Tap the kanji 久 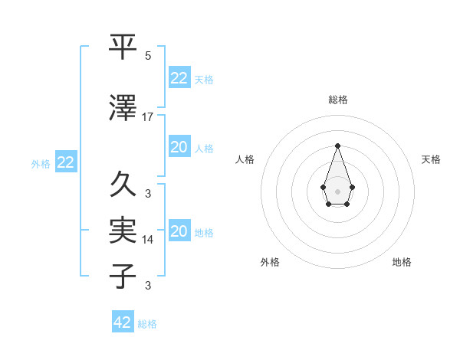pos(123,184)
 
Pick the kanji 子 pos(123,275)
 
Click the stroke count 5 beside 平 pos(148,56)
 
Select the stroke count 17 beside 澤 pos(148,117)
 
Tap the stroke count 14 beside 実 pos(148,239)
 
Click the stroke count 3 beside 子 pos(148,286)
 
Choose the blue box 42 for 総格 pos(123,322)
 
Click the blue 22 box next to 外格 pos(65,162)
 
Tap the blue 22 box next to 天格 pos(179,77)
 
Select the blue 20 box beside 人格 pos(179,147)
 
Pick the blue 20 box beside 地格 pos(179,231)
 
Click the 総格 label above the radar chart pos(337,100)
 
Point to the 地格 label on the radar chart pos(402,262)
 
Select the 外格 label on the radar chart pos(271,262)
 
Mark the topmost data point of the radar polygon pos(337,145)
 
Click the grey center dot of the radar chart pos(337,190)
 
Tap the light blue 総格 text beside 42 pos(147,324)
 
